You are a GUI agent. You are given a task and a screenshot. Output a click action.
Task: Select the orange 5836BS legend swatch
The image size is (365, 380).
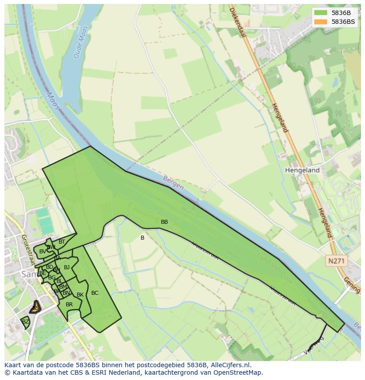click(x=321, y=22)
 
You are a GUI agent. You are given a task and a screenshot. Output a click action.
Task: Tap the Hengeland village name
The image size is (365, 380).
click(x=302, y=170)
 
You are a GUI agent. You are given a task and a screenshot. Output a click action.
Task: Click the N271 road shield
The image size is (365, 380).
click(x=336, y=261)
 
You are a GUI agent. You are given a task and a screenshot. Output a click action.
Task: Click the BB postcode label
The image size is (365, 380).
click(x=164, y=222)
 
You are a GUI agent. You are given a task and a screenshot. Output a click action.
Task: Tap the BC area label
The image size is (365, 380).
click(x=95, y=293)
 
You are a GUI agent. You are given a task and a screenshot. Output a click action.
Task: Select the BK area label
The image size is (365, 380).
click(x=80, y=295)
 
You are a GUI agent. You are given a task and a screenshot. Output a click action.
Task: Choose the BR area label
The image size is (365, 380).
click(x=69, y=305)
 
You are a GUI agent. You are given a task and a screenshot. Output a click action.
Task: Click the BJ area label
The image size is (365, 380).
click(x=67, y=267)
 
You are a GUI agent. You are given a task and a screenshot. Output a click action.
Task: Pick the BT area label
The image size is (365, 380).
click(x=62, y=242)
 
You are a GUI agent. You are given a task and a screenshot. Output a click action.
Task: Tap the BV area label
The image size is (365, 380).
click(x=42, y=252)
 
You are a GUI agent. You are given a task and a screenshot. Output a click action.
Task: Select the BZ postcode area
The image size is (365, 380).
click(x=26, y=322)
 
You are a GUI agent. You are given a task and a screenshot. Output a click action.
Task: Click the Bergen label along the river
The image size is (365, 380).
click(x=173, y=183)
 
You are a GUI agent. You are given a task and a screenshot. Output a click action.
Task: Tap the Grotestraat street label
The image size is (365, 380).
click(x=28, y=250)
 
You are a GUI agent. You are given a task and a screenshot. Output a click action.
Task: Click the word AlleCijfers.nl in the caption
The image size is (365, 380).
click(x=230, y=365)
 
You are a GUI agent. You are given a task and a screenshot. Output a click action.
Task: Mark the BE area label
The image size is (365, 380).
click(x=43, y=273)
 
